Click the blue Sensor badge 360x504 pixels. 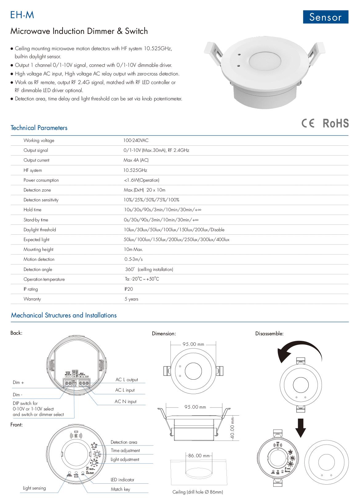(x=326, y=17)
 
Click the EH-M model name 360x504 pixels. (x=22, y=15)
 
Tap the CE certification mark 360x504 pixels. (x=308, y=123)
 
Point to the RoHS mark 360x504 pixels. (x=336, y=123)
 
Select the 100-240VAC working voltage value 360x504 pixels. (x=136, y=140)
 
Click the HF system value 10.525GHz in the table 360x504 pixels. (x=135, y=170)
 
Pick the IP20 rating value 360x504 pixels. (x=129, y=289)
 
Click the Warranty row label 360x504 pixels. (x=32, y=299)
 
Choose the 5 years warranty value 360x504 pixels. (x=131, y=299)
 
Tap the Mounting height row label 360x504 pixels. (x=38, y=249)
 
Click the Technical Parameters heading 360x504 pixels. (x=39, y=128)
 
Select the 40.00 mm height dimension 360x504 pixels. (x=232, y=428)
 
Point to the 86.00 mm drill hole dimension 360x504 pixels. (x=199, y=456)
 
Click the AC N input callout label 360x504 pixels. (x=126, y=401)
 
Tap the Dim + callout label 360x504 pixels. (x=18, y=382)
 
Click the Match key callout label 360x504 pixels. (x=120, y=489)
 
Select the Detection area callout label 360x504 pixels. (x=124, y=442)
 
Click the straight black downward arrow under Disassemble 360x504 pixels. (x=300, y=428)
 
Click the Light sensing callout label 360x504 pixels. (x=34, y=488)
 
